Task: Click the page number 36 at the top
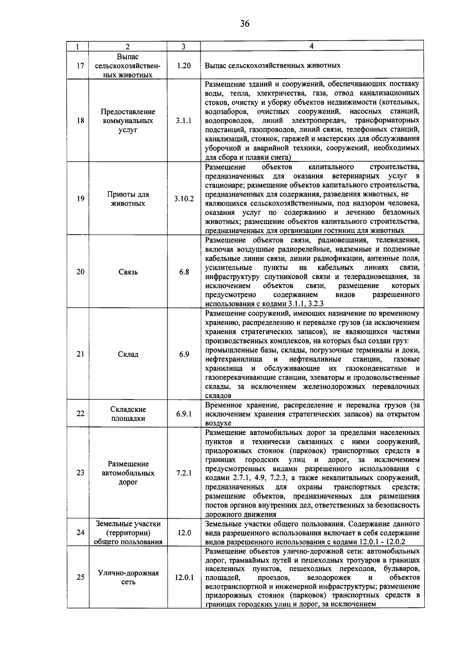coord(245,24)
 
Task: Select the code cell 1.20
coord(184,65)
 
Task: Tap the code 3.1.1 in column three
coord(184,121)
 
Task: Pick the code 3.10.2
coord(184,199)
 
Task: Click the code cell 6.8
coord(184,272)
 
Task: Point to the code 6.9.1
coord(184,414)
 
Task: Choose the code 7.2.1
coord(184,473)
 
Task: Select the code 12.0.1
coord(184,578)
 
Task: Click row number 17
coord(80,65)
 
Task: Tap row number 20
coord(80,272)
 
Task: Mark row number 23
coord(80,473)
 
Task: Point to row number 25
coord(80,578)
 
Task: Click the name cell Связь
coord(128,272)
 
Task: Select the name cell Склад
coord(128,355)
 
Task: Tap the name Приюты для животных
coord(128,199)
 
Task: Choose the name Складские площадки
coord(128,414)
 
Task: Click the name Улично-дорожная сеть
coord(128,578)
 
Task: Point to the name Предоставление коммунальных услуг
coord(128,121)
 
